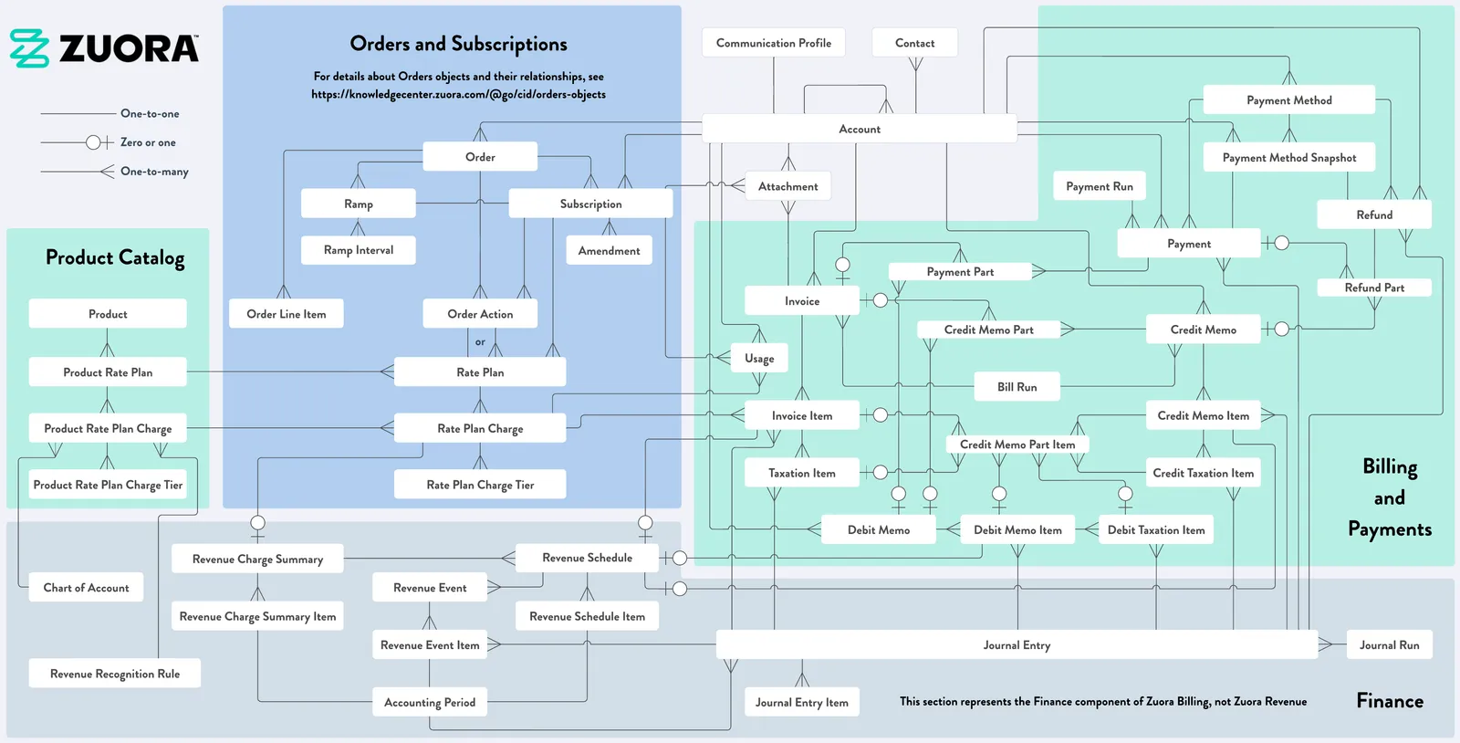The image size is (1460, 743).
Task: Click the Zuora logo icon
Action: [x=29, y=48]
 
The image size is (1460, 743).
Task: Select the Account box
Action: [x=859, y=129]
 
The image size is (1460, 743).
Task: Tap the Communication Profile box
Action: [x=773, y=43]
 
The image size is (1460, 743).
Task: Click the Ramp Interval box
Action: [x=358, y=250]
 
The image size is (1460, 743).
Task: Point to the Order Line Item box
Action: [x=287, y=314]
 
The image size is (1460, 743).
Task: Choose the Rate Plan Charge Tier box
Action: [x=480, y=485]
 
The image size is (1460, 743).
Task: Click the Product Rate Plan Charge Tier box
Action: [x=108, y=485]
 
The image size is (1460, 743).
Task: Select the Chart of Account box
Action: [x=86, y=588]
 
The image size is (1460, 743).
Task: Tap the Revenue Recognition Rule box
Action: [x=115, y=674]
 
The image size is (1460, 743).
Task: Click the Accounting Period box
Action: [x=430, y=703]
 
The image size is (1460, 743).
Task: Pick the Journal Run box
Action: [x=1389, y=645]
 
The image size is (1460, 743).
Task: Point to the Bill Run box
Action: [x=1017, y=387]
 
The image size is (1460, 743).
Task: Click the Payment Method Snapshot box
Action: [x=1288, y=158]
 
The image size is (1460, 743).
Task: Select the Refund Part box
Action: [x=1374, y=288]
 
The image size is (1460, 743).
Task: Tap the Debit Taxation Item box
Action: [x=1155, y=530]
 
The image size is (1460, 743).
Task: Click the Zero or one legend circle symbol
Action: [x=93, y=142]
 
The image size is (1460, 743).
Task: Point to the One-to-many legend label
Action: [x=154, y=172]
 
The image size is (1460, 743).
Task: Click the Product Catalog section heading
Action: [x=115, y=257]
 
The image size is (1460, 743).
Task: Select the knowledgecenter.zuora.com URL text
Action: [x=458, y=95]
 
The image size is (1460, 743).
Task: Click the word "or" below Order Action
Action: [x=480, y=341]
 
